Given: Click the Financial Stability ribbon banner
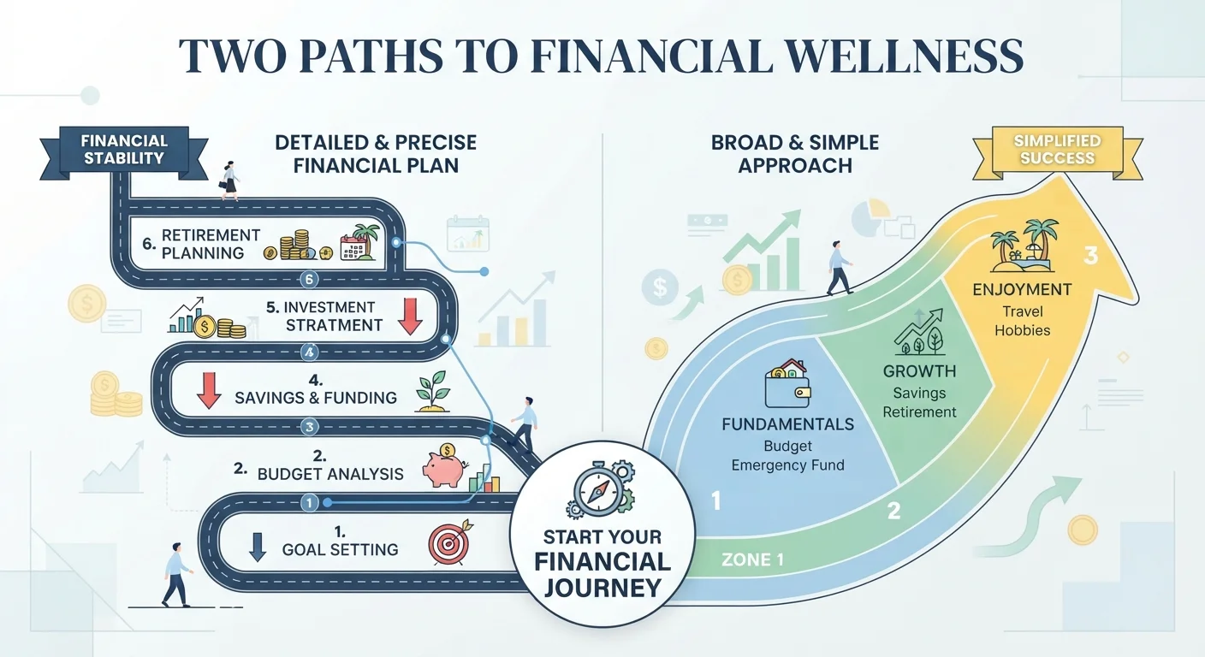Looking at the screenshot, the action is click(124, 151).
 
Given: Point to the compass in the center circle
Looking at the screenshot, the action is click(598, 490).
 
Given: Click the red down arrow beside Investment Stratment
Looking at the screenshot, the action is click(410, 317).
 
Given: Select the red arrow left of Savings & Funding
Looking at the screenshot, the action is click(209, 390).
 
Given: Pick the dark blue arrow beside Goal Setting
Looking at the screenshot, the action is click(258, 547).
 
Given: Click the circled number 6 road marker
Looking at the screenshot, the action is click(309, 279).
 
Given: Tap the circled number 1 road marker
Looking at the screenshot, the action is click(309, 503).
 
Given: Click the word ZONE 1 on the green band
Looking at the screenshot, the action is click(752, 559).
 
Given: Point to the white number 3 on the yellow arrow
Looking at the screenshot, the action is click(1090, 256).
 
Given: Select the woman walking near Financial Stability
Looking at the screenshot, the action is click(229, 181).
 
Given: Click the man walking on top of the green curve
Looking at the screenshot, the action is click(840, 268).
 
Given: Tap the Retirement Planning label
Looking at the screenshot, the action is click(211, 244).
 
